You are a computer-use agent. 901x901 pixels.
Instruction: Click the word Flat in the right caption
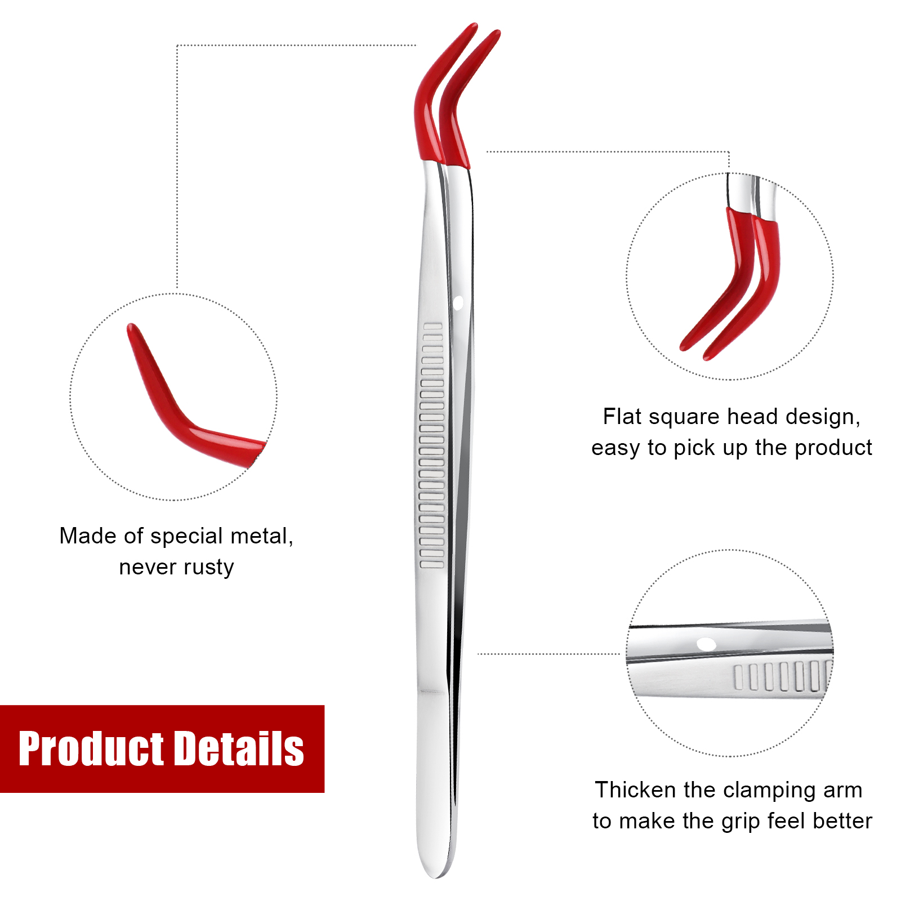[x=622, y=417]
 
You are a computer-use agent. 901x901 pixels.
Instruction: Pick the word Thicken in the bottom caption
[x=636, y=790]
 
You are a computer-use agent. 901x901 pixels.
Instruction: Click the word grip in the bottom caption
[x=741, y=822]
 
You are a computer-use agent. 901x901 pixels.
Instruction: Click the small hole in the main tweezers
[x=458, y=303]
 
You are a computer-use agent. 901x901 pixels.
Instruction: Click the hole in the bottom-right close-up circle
[x=706, y=644]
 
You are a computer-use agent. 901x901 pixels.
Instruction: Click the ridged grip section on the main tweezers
[x=432, y=445]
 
